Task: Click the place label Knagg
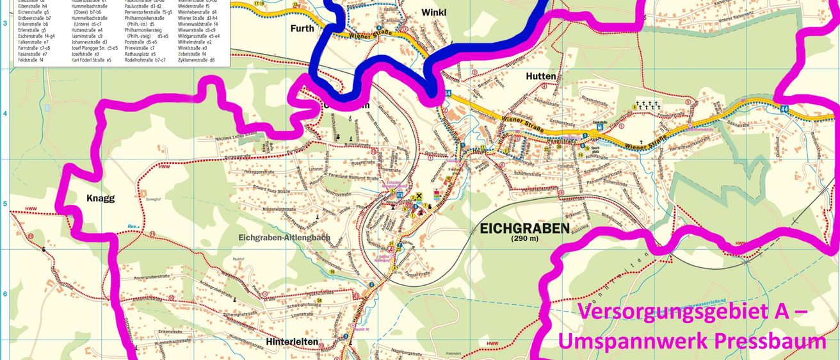point(101,199)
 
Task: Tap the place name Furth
point(302,28)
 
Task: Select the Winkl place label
point(433,12)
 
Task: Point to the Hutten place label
point(540,76)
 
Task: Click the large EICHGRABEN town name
point(524,228)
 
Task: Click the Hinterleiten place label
point(291,342)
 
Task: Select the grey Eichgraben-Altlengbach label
point(284,238)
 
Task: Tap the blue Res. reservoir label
point(133,226)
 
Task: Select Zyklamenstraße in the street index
point(197,60)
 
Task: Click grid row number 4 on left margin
point(5,114)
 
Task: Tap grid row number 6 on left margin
point(5,294)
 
